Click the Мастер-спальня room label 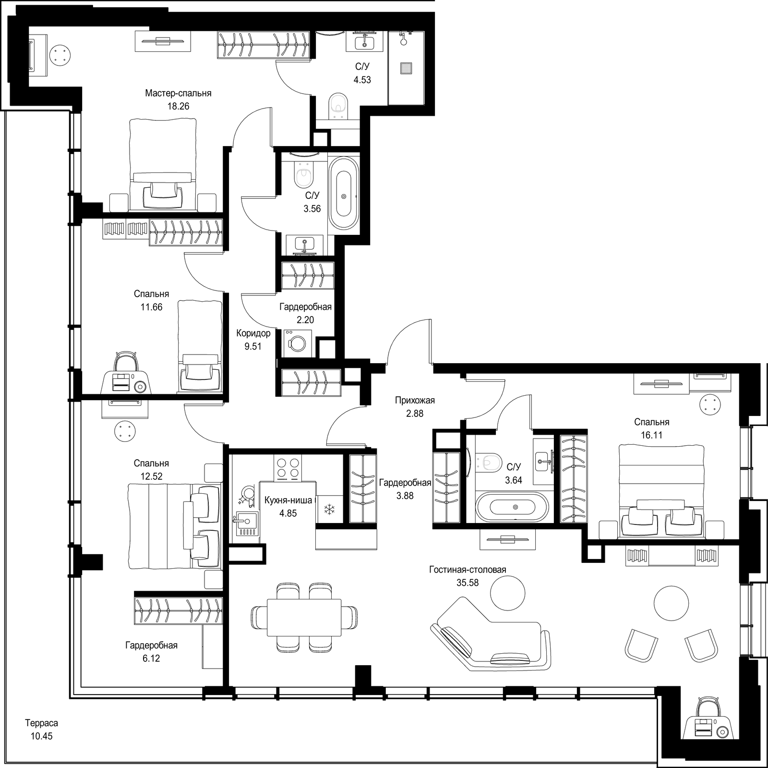pyautogui.click(x=178, y=93)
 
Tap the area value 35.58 pyautogui.click(x=468, y=583)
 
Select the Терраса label pyautogui.click(x=41, y=723)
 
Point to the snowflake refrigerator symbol pyautogui.click(x=330, y=510)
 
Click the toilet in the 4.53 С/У pyautogui.click(x=340, y=105)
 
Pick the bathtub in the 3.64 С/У pyautogui.click(x=512, y=507)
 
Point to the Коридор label pyautogui.click(x=253, y=333)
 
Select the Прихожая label pyautogui.click(x=415, y=400)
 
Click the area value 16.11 pyautogui.click(x=651, y=435)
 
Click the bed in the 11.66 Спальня pyautogui.click(x=200, y=347)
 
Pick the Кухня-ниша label pyautogui.click(x=288, y=500)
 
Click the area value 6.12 pyautogui.click(x=151, y=658)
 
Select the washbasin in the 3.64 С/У pyautogui.click(x=544, y=462)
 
